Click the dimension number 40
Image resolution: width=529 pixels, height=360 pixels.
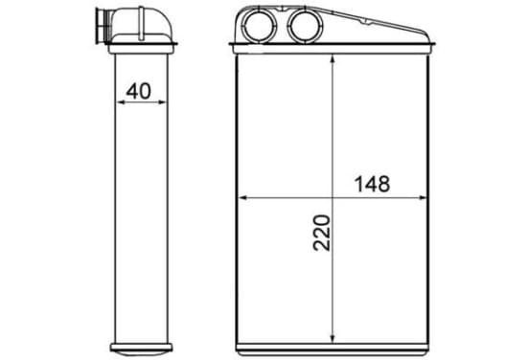click(x=139, y=91)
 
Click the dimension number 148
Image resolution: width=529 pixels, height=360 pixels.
click(x=373, y=184)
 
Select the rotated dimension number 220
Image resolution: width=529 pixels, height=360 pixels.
click(x=321, y=233)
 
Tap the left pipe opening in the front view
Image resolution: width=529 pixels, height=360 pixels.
click(x=260, y=26)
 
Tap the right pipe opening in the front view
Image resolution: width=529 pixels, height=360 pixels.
click(x=306, y=26)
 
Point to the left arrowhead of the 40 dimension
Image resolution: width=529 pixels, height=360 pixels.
click(x=120, y=101)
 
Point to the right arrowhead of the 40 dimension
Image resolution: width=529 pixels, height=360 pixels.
click(x=163, y=101)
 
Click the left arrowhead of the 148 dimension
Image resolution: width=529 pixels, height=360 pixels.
click(x=243, y=198)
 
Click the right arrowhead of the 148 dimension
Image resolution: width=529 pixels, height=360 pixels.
click(x=423, y=198)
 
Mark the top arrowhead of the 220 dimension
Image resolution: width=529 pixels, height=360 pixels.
click(x=333, y=60)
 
